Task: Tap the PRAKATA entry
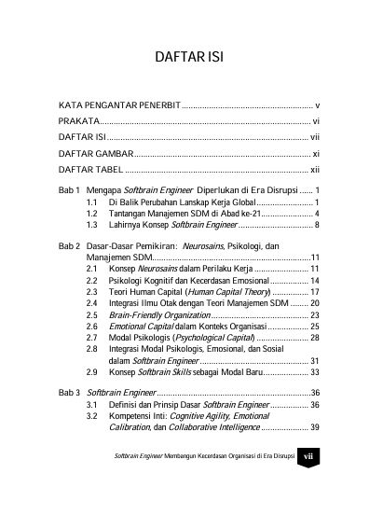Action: click(x=78, y=122)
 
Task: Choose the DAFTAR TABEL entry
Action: click(x=90, y=170)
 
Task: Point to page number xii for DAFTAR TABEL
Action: click(x=315, y=170)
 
